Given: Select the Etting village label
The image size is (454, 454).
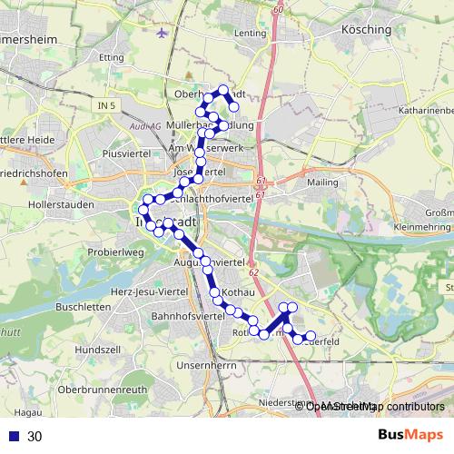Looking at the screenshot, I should click(x=112, y=57).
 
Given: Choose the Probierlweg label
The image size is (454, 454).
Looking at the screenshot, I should click(x=115, y=252).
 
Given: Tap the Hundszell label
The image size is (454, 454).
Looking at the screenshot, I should click(x=92, y=349).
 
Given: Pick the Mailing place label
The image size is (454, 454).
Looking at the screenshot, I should click(x=322, y=182).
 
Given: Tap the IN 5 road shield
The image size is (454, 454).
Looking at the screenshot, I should click(x=106, y=106).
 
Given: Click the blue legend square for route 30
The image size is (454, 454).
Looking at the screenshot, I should click(x=13, y=437).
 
